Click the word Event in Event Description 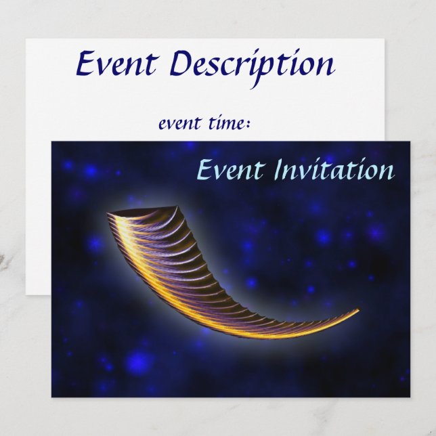tap(116, 64)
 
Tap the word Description tap(251, 65)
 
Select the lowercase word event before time tap(179, 124)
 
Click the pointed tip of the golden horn tap(357, 311)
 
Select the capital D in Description tap(182, 64)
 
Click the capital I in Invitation tap(279, 169)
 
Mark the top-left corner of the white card tap(26, 39)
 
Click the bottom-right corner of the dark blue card tap(410, 397)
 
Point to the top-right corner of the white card tap(385, 39)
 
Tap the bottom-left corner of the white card tap(26, 295)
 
